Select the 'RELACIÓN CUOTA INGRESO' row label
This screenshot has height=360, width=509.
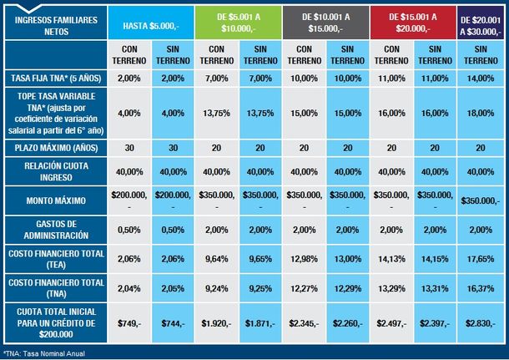point(53,171)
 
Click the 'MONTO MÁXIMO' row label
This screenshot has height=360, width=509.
point(53,200)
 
